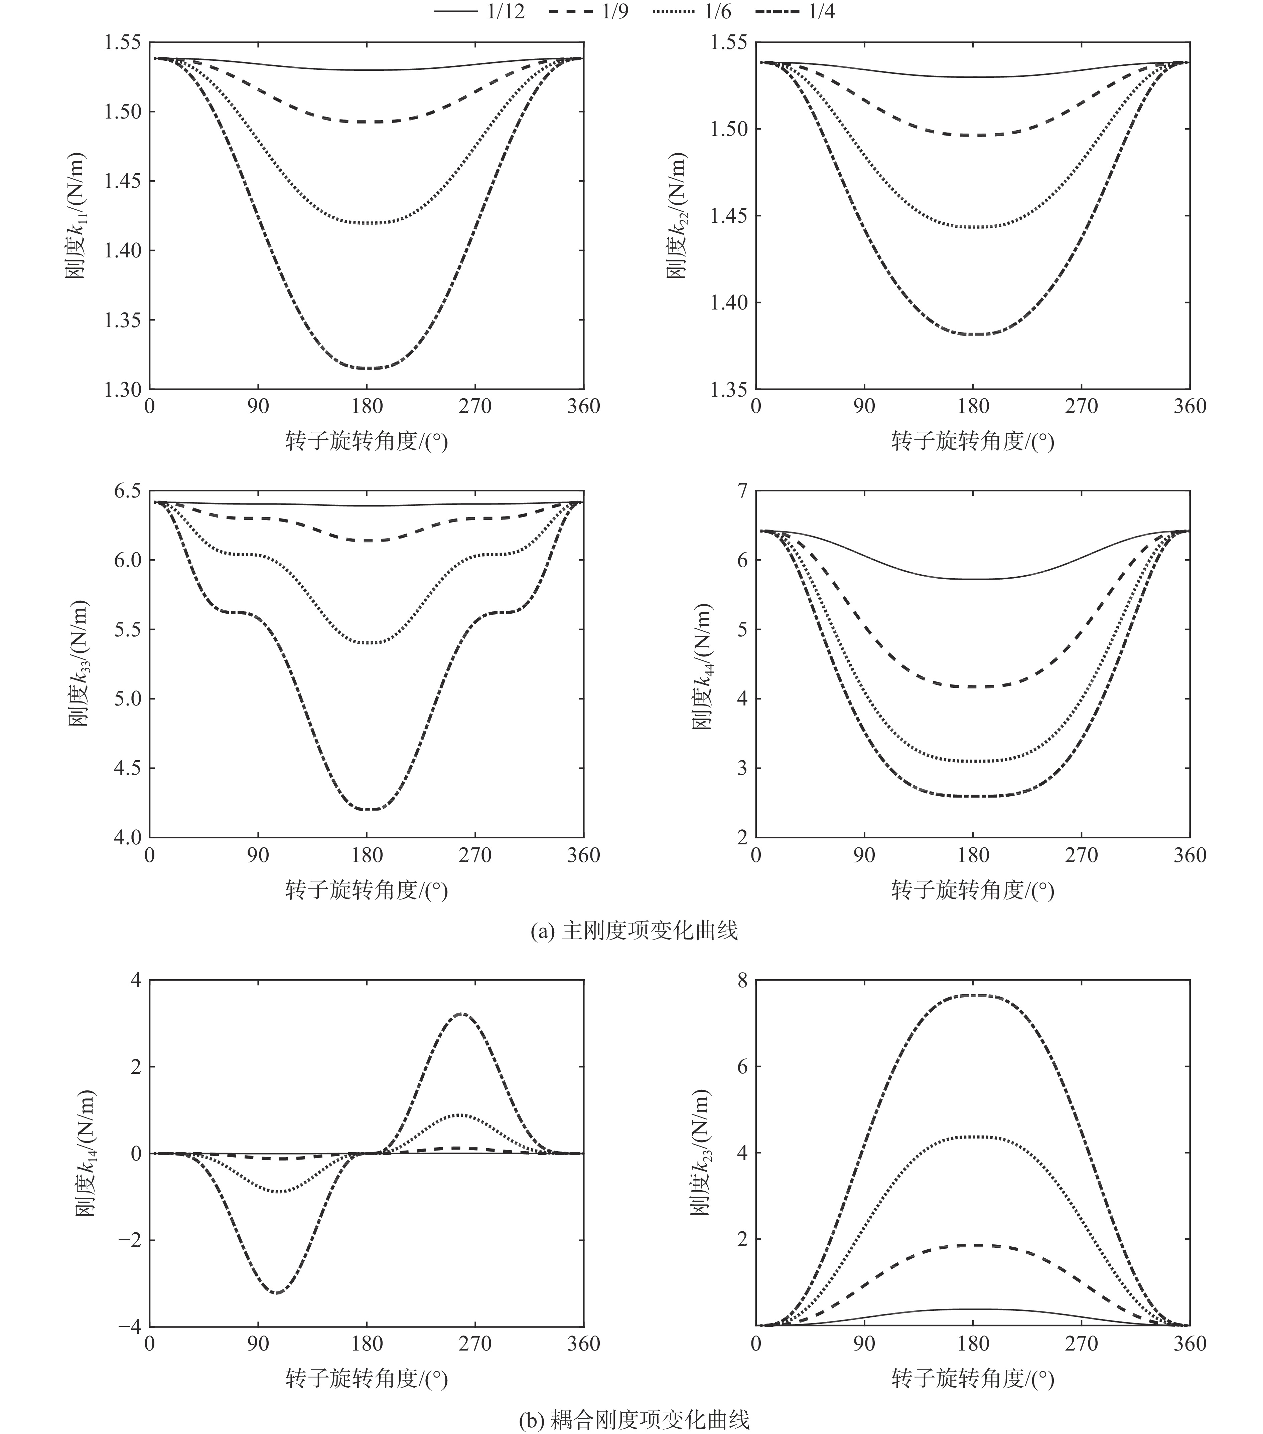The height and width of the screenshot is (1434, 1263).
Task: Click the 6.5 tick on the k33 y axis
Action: click(x=129, y=490)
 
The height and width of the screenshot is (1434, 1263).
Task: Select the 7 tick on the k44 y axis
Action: click(x=741, y=490)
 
